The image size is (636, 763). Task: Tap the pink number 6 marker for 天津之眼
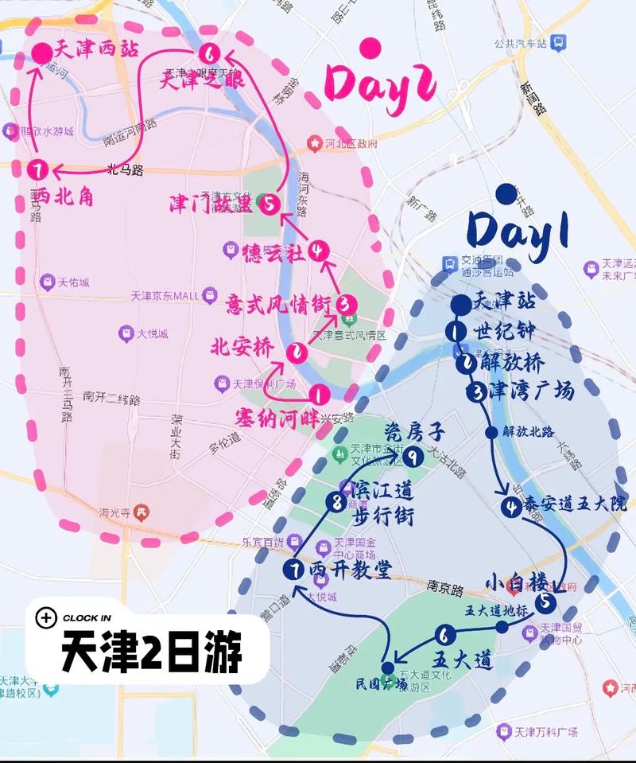(209, 55)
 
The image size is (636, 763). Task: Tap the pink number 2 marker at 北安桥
(298, 351)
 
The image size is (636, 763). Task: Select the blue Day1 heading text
(518, 230)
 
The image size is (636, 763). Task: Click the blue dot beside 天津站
(460, 304)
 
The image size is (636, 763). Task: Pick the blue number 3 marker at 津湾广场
(476, 391)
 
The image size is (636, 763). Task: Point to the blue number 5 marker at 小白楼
(545, 602)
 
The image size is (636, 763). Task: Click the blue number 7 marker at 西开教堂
(293, 569)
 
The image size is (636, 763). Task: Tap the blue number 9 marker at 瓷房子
(412, 457)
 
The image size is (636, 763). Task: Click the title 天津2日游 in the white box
(152, 653)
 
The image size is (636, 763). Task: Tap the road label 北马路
(125, 169)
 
